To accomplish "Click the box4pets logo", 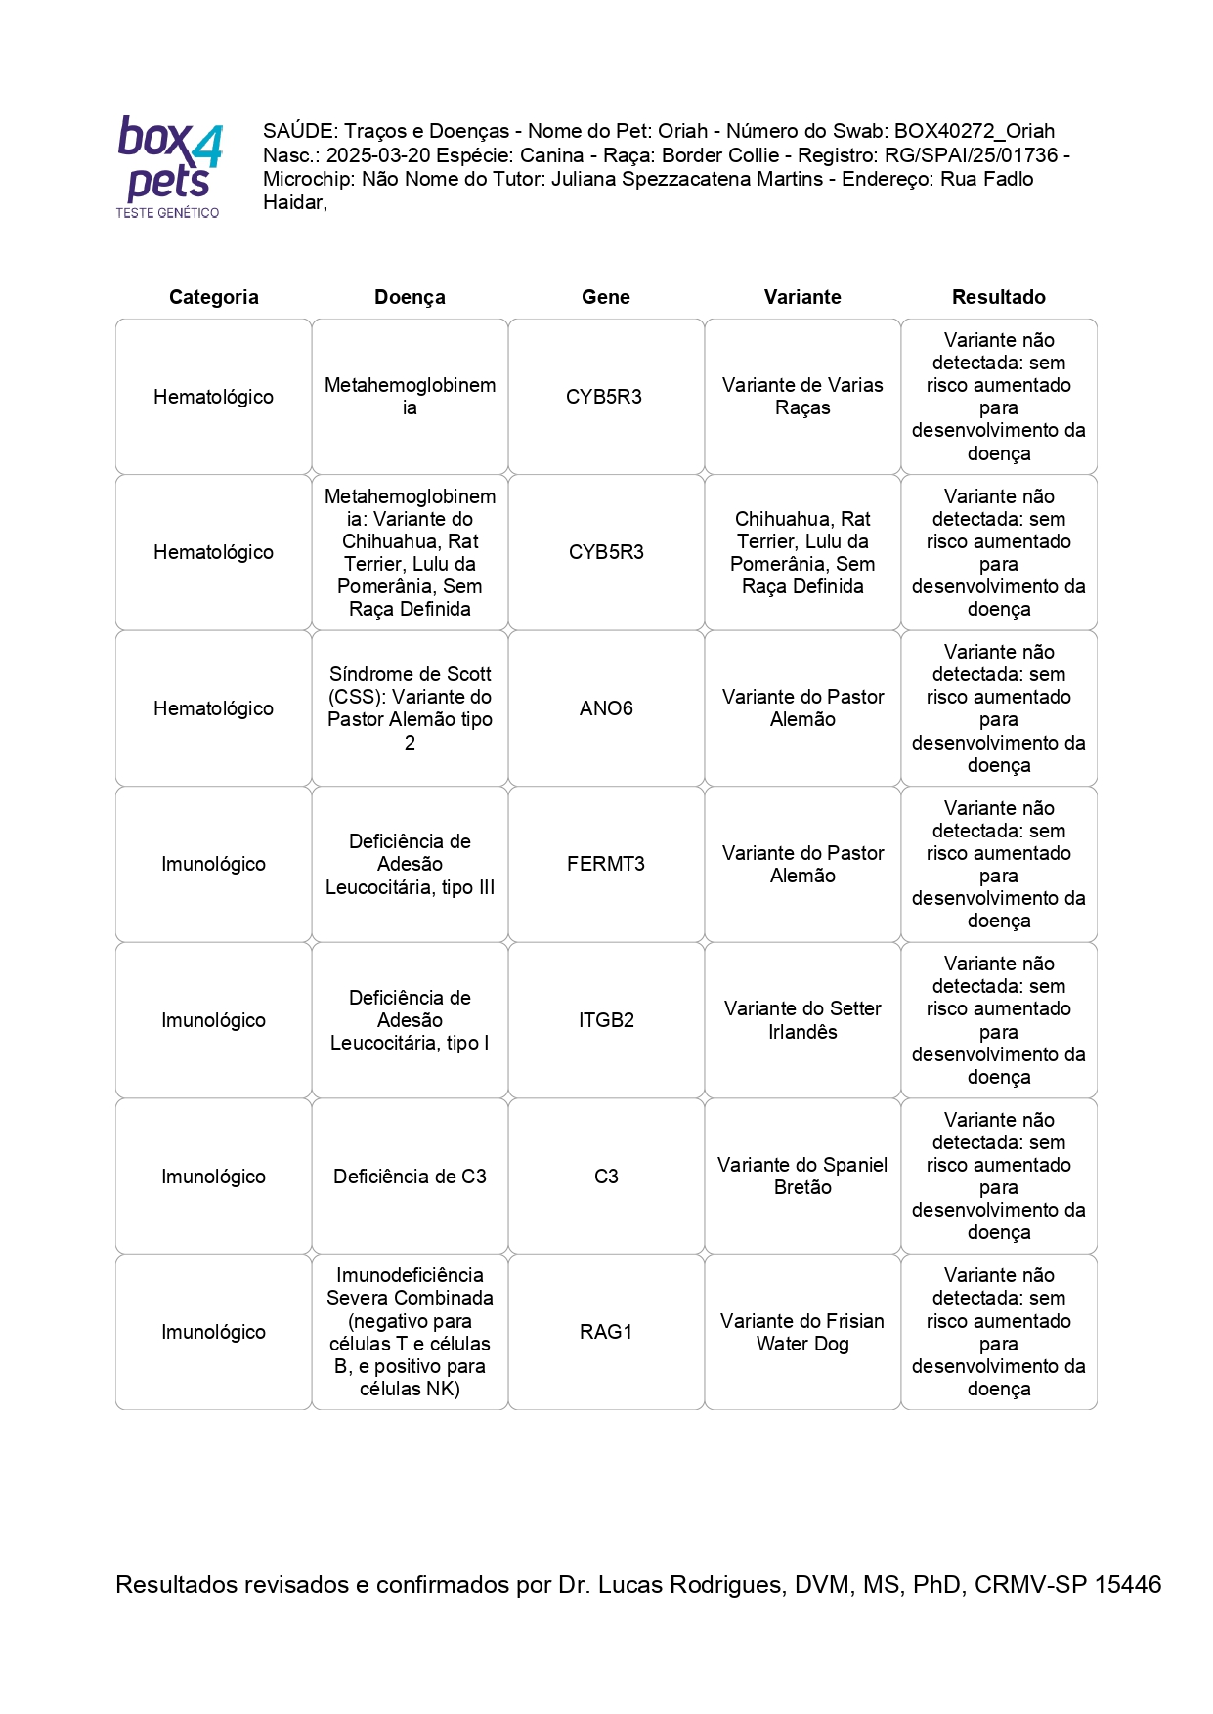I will tap(169, 166).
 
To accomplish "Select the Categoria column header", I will tap(213, 297).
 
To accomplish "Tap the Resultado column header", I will tap(998, 297).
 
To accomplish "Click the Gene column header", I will tap(605, 297).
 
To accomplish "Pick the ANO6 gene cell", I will tap(606, 708).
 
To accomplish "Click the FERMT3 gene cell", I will tap(606, 864).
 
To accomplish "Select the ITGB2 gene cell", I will tap(606, 1020).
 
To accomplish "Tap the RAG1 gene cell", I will tap(606, 1332).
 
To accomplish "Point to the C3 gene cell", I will tap(606, 1177).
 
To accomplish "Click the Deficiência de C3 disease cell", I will tap(410, 1177).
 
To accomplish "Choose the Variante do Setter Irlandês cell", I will tap(802, 1020).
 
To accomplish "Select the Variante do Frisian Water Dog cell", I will tap(802, 1332).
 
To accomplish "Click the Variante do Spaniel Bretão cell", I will tap(802, 1177).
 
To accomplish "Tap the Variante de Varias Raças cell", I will tap(802, 397).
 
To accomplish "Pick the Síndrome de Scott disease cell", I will tap(410, 708).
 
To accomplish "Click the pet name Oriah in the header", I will tap(682, 131).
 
